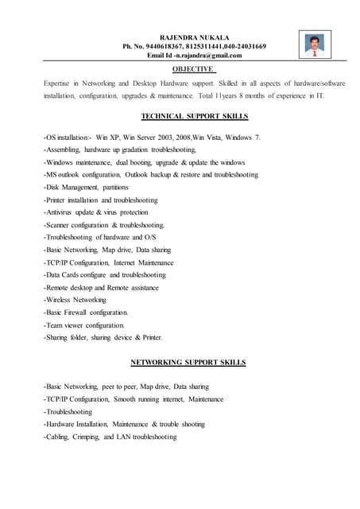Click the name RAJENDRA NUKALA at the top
pyautogui.click(x=195, y=37)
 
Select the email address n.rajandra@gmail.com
pyautogui.click(x=208, y=56)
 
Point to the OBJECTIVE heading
pyautogui.click(x=195, y=69)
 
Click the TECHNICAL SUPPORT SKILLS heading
pyautogui.click(x=195, y=115)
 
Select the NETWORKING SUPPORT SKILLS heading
pyautogui.click(x=188, y=363)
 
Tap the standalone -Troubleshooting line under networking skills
pyautogui.click(x=68, y=412)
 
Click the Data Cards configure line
pyautogui.click(x=105, y=274)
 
